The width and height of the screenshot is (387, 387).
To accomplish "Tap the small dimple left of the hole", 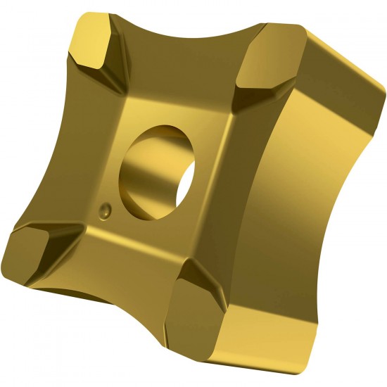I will click(106, 210).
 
